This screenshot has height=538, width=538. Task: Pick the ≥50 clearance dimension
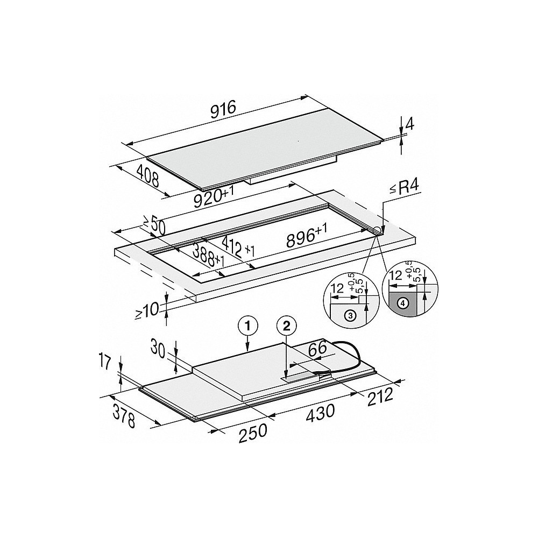[x=153, y=225]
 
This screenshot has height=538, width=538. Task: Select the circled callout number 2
[x=286, y=324]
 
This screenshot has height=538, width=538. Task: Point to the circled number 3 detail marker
[x=350, y=316]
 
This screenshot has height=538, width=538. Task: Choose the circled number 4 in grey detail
[x=402, y=303]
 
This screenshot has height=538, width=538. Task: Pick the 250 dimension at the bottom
[x=252, y=431]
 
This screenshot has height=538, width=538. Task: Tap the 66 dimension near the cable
[x=317, y=348]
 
